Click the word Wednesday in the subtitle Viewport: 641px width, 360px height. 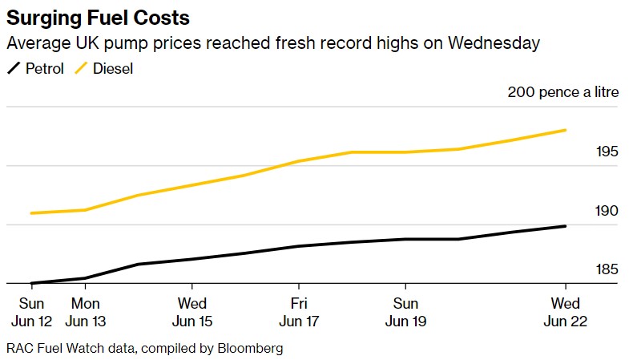point(491,43)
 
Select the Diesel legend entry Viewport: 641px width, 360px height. point(103,69)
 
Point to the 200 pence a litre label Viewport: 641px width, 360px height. point(562,92)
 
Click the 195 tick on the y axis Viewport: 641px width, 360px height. point(607,152)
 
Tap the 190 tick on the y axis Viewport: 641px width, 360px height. point(607,211)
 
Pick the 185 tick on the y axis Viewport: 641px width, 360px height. point(607,269)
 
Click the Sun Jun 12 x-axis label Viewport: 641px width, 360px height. point(32,312)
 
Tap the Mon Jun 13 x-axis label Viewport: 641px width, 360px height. point(86,312)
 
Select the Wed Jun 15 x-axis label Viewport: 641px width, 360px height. point(192,312)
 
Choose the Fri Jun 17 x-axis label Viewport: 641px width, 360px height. point(299,312)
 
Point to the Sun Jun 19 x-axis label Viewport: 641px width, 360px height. point(405,312)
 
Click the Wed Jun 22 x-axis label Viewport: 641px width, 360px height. point(566,312)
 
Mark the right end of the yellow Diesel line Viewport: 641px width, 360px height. point(566,130)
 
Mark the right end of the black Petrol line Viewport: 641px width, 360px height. point(566,226)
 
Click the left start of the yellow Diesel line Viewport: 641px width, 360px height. point(31,213)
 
